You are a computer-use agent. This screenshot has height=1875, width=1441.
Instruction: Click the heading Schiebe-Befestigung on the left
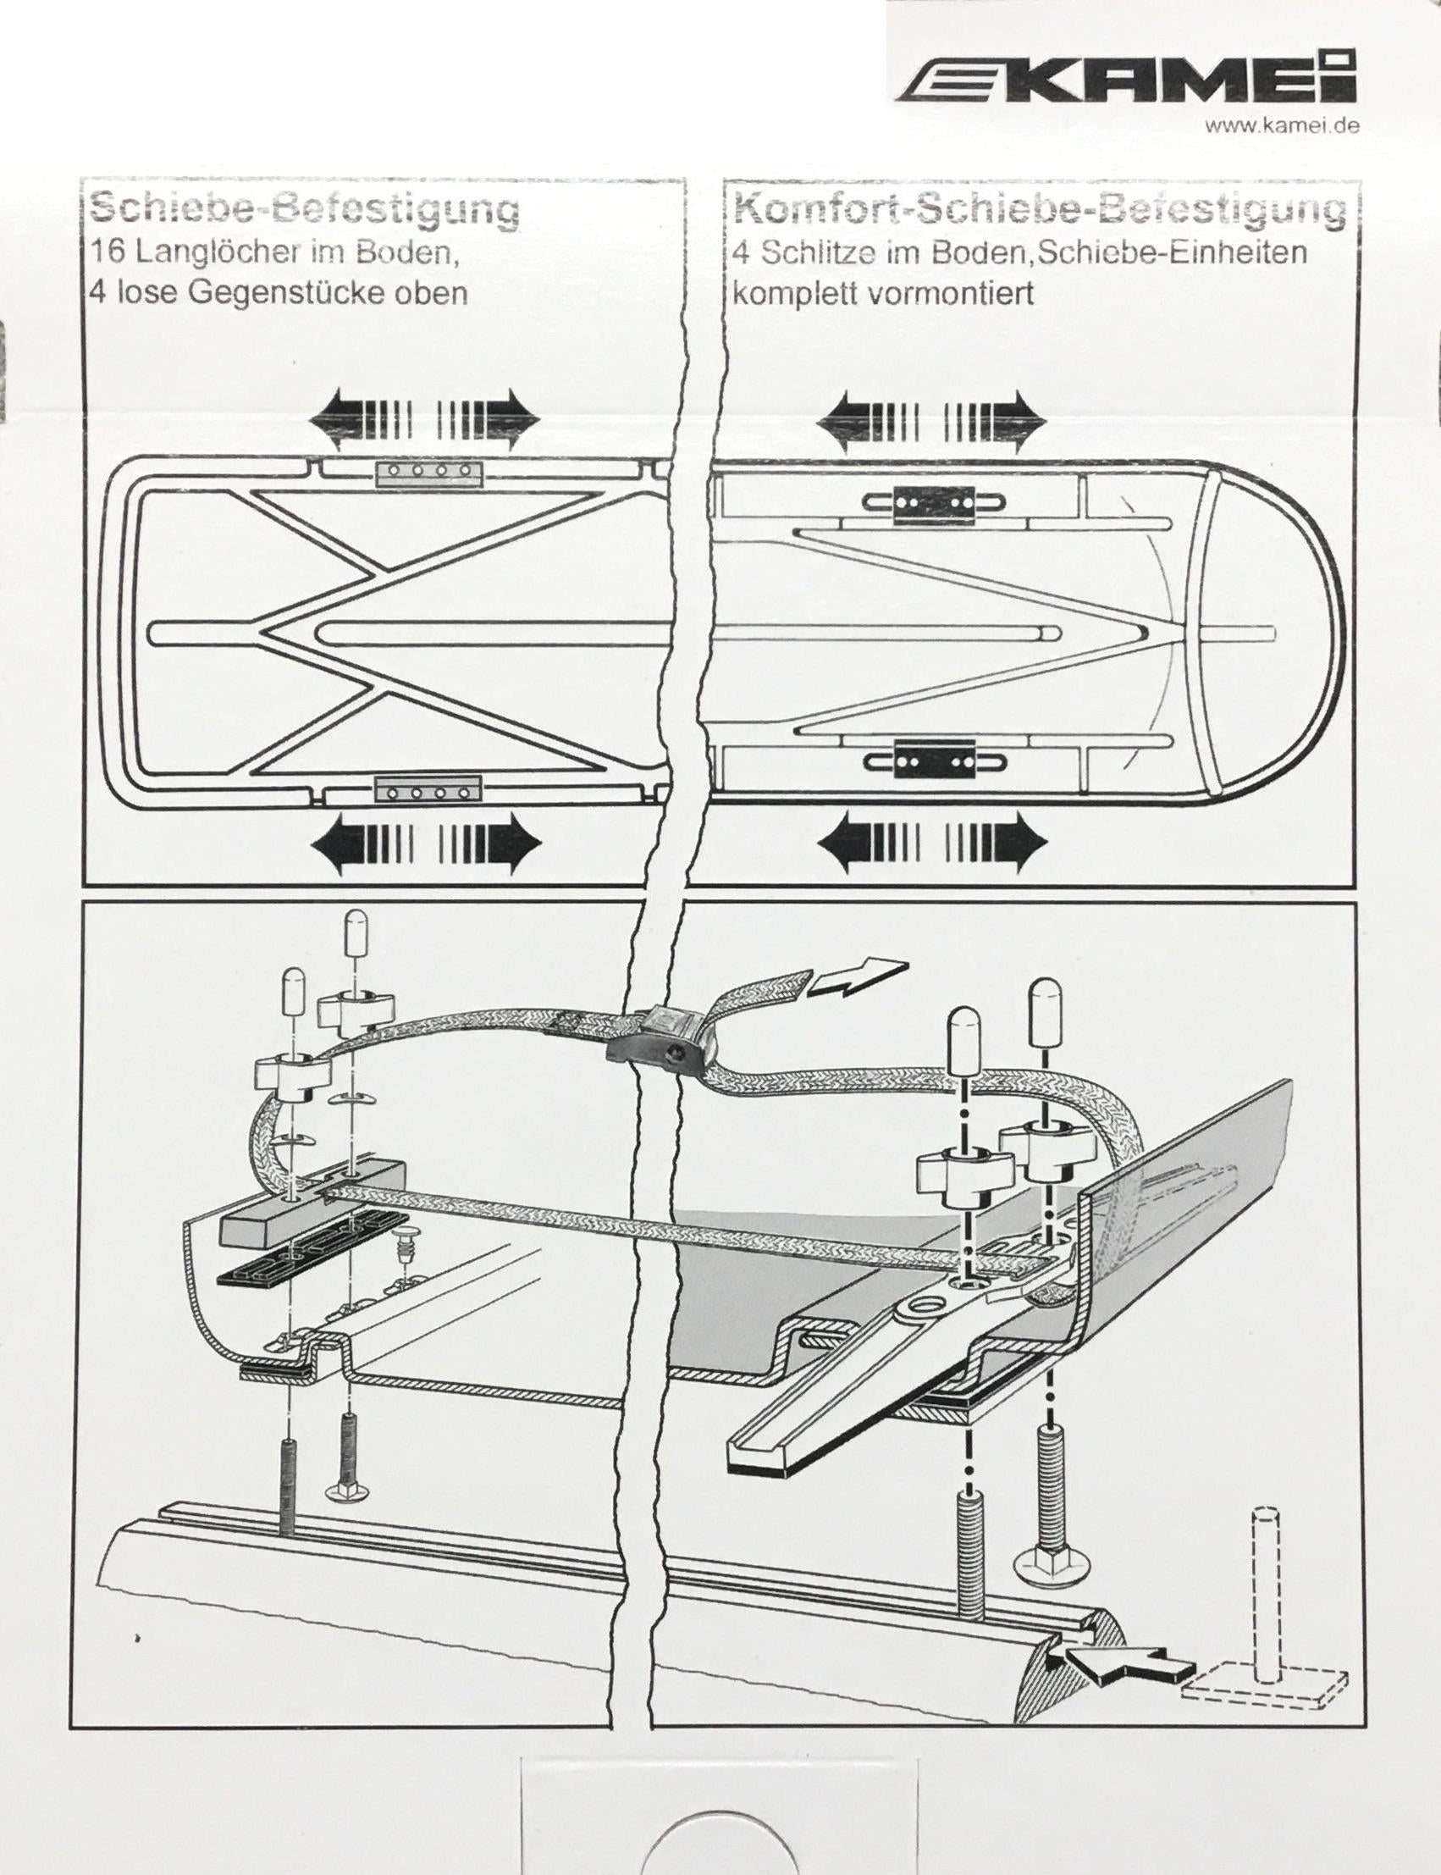coord(305,208)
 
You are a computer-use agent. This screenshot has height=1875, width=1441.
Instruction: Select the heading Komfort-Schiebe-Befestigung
coord(1039,209)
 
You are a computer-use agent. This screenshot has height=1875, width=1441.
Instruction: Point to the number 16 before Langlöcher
coord(108,253)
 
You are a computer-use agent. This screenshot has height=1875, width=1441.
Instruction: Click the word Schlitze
coord(817,254)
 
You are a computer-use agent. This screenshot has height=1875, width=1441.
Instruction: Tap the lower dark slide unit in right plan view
coord(934,758)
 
